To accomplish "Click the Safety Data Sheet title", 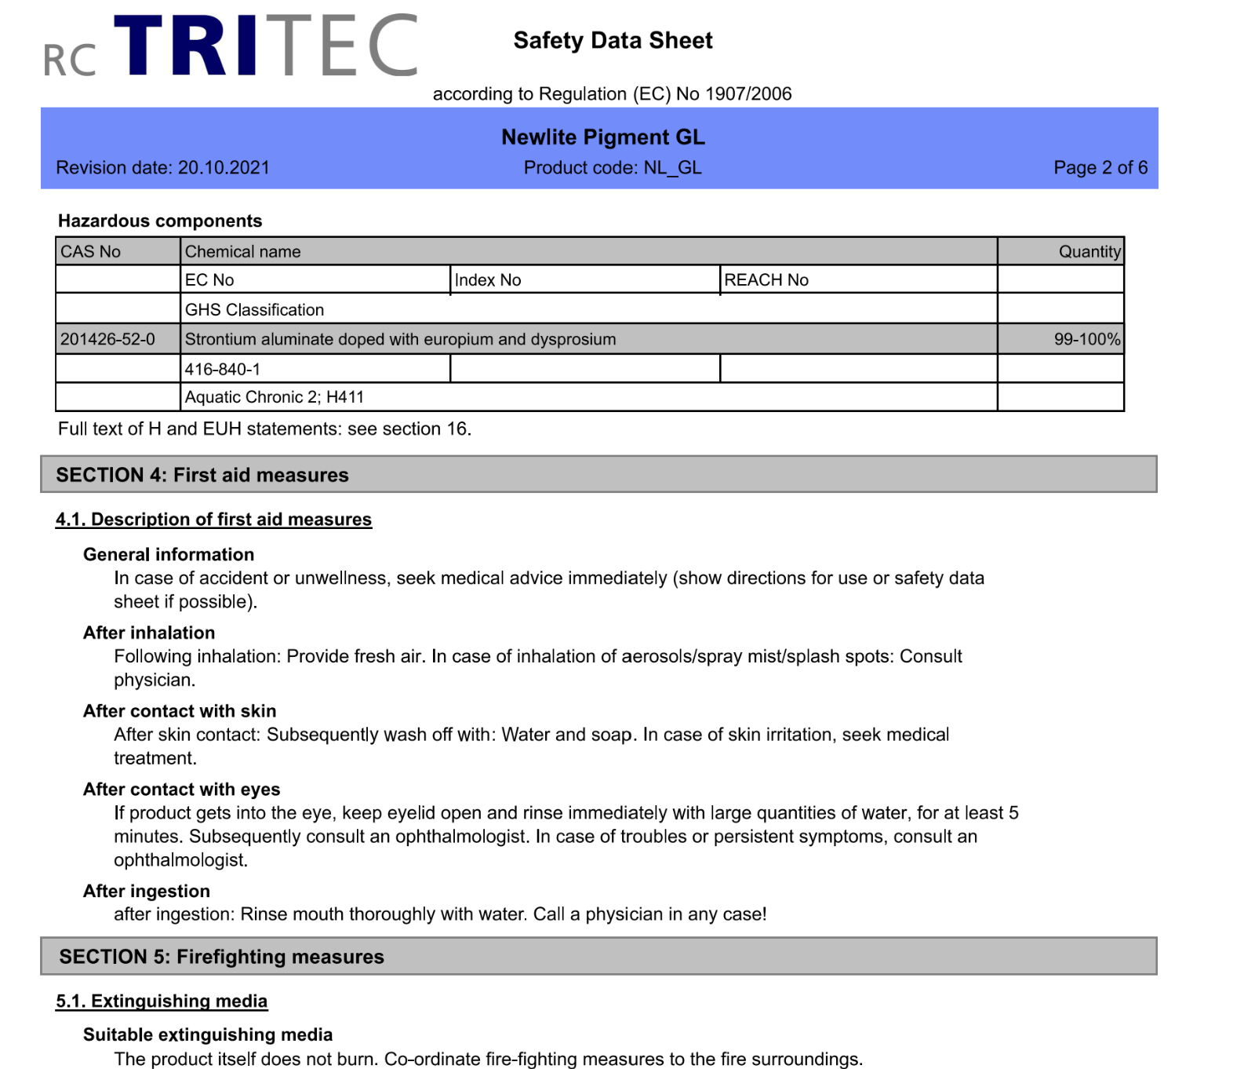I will tap(613, 41).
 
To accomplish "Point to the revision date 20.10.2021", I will tap(224, 168).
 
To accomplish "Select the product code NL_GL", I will tap(672, 168).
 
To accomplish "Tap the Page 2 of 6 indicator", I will tap(1100, 168).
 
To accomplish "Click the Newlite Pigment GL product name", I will tap(603, 137).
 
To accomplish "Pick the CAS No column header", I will tap(91, 252).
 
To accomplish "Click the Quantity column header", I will tap(1089, 252).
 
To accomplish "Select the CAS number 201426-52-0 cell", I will tap(108, 340).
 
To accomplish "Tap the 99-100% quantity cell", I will tap(1086, 340).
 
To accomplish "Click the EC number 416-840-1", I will tap(223, 369).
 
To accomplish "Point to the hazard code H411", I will tap(345, 397).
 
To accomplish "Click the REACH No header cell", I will tap(766, 280).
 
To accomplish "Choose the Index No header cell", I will tap(488, 280).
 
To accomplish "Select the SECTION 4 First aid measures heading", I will tap(202, 475).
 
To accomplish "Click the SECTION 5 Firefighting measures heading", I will tap(222, 957).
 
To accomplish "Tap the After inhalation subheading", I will tap(149, 633).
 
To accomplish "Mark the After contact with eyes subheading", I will tap(182, 790).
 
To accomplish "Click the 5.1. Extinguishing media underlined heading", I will tap(162, 1002).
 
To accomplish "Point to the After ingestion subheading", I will tap(147, 892).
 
